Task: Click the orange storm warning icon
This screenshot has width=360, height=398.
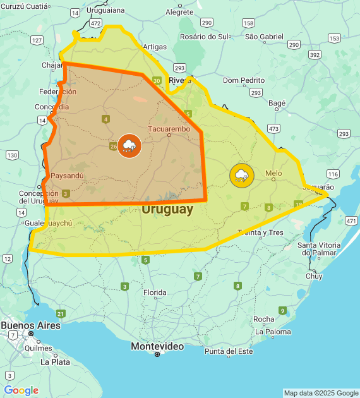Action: [x=129, y=146]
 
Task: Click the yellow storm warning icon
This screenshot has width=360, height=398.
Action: [x=241, y=175]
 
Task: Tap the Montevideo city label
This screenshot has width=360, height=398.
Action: [x=157, y=346]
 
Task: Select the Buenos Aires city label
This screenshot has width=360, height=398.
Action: [x=30, y=325]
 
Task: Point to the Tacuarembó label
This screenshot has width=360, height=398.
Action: [x=169, y=129]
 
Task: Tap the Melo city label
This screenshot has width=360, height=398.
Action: [x=273, y=173]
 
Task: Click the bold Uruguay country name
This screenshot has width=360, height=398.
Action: [x=167, y=210]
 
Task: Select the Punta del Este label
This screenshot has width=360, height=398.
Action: [x=228, y=351]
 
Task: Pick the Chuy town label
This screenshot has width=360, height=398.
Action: [x=314, y=276]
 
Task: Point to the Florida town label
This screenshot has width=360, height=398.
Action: [x=155, y=292]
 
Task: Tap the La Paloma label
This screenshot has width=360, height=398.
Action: [x=273, y=332]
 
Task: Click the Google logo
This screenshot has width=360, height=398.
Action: [x=21, y=390]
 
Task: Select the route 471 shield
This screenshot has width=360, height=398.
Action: [x=351, y=220]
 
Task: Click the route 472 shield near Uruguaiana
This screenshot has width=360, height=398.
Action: [x=95, y=23]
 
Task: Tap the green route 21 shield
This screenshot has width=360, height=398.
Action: [x=61, y=313]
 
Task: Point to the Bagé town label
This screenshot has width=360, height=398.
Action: [x=277, y=102]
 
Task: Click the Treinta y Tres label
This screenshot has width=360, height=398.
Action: [x=260, y=232]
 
